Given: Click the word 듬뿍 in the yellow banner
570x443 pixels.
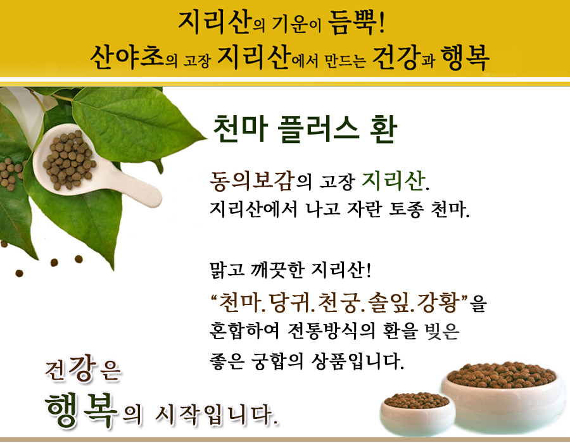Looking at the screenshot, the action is (352, 23).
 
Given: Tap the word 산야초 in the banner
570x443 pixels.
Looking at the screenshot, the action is (127, 58).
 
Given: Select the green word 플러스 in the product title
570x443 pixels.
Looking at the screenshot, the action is (319, 129).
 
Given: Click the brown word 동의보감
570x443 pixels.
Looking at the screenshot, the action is (252, 180).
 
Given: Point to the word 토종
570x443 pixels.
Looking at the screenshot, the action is (406, 209).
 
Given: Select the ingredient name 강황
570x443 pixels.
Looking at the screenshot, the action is (437, 302).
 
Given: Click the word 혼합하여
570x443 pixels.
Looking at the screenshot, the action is (244, 330).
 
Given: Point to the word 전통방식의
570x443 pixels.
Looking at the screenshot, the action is (331, 330).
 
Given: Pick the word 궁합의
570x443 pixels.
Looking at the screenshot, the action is (277, 361).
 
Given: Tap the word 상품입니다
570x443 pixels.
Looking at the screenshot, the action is (357, 361).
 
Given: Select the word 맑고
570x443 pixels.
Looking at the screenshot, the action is (227, 270).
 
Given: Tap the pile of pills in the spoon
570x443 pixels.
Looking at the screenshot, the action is (69, 159).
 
